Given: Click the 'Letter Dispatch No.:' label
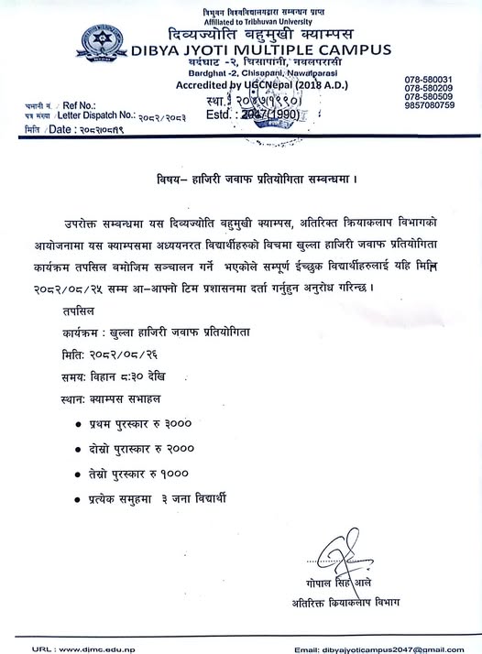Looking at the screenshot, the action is [x=96, y=117].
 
